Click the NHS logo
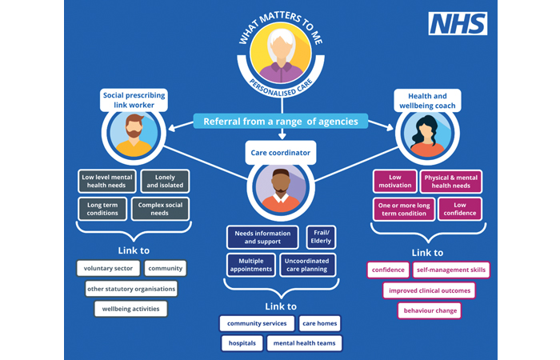pos(458,24)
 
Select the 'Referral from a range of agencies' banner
pos(280,122)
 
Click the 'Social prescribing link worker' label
pos(134,100)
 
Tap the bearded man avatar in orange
pos(134,133)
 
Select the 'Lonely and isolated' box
pos(164,181)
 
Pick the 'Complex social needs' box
pos(160,210)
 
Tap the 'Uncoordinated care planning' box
pos(308,265)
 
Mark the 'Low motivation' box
pos(394,181)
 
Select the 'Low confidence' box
pos(460,210)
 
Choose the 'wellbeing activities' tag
pos(130,309)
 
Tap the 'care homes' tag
pos(319,324)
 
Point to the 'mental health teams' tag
pos(304,344)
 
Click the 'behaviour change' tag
pos(430,310)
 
